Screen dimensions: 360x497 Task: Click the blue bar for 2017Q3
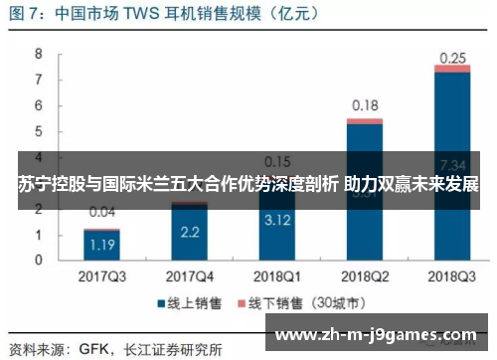(x=101, y=245)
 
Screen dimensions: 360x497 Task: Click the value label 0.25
(x=452, y=58)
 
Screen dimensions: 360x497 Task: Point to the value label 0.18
(x=365, y=105)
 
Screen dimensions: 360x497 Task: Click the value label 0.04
(x=101, y=212)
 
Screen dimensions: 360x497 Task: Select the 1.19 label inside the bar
(x=101, y=244)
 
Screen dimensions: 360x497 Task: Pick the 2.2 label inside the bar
(x=189, y=232)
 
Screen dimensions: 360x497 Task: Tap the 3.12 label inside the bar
(x=276, y=220)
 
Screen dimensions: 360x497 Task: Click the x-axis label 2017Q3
(x=101, y=273)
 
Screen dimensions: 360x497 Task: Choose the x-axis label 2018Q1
(x=276, y=273)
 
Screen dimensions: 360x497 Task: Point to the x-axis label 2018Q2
(x=365, y=273)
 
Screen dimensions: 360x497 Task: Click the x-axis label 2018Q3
(x=452, y=273)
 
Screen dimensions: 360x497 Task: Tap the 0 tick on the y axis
(x=40, y=260)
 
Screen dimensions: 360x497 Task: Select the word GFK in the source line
(x=95, y=349)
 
